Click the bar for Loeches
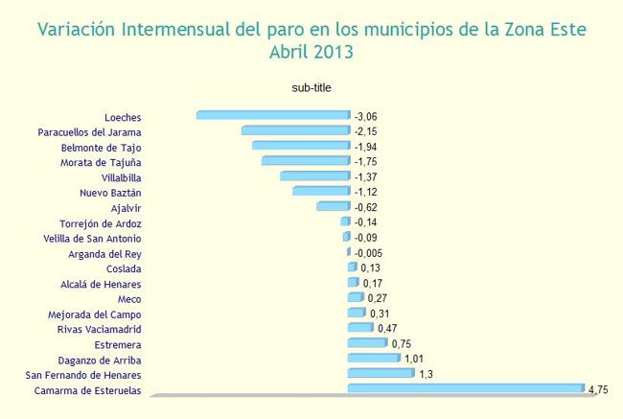pyautogui.click(x=273, y=115)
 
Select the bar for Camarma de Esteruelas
pyautogui.click(x=465, y=388)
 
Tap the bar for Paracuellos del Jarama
pyautogui.click(x=295, y=130)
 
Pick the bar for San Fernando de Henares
pyautogui.click(x=381, y=373)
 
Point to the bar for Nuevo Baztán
pyautogui.click(x=321, y=192)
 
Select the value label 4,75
pyautogui.click(x=599, y=389)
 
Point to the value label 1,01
pyautogui.click(x=414, y=359)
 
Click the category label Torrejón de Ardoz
pyautogui.click(x=101, y=222)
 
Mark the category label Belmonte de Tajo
pyautogui.click(x=101, y=147)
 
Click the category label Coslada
pyautogui.click(x=125, y=268)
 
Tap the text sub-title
pyautogui.click(x=311, y=88)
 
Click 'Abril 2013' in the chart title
pyautogui.click(x=311, y=53)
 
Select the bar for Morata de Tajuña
pyautogui.click(x=306, y=161)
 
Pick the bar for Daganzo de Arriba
pyautogui.click(x=373, y=358)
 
